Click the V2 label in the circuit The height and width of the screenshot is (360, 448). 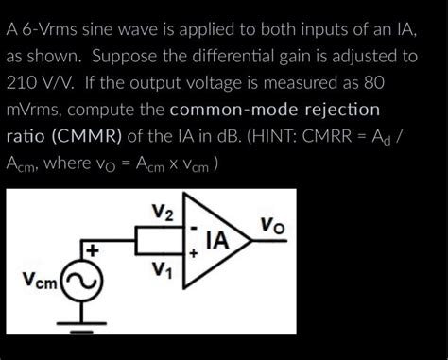(x=163, y=212)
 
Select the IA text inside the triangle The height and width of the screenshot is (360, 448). (x=218, y=241)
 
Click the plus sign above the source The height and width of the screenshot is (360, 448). (x=93, y=250)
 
